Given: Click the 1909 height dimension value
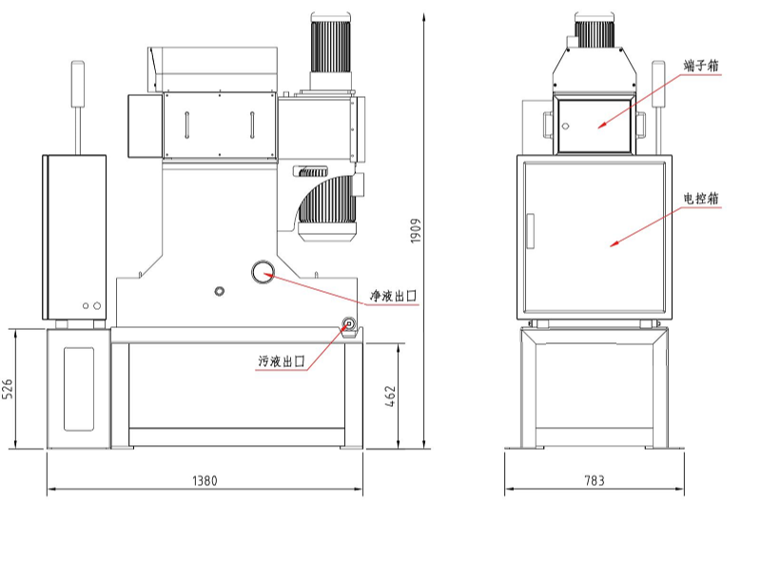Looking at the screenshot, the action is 416,231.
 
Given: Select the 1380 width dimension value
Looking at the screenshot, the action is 205,481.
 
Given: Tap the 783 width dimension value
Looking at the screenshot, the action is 594,481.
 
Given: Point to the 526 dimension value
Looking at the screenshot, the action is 8,389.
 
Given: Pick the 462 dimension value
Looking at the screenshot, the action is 391,396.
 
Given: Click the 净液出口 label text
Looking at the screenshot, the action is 393,296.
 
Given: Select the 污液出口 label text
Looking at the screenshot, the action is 281,361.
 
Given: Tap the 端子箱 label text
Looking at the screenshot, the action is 701,66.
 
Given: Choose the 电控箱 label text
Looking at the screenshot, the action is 701,198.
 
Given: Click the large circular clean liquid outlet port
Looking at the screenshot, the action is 263,272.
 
